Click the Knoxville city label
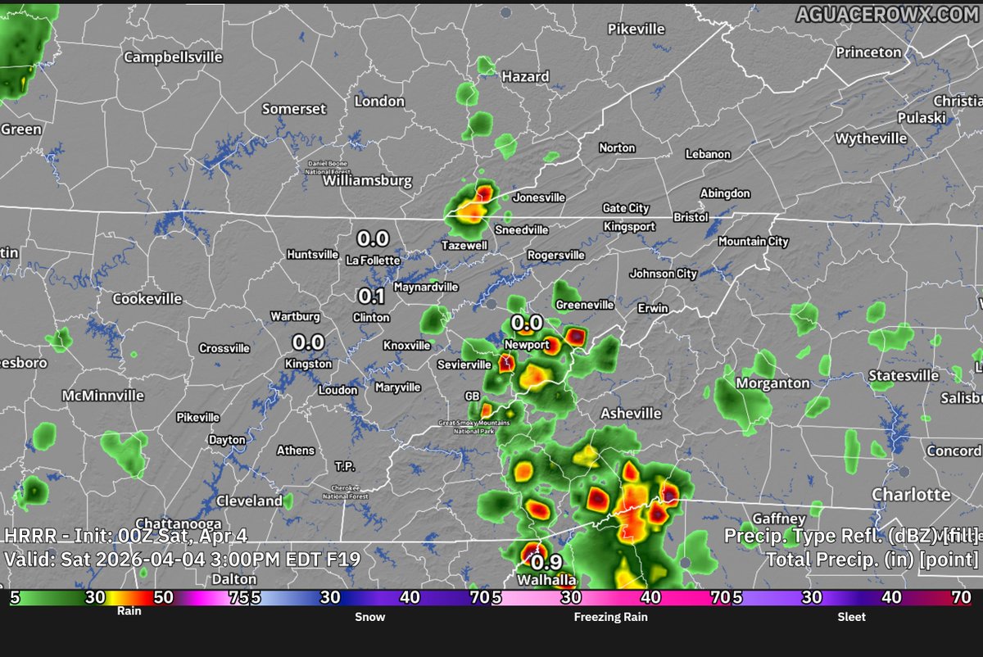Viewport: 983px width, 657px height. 406,346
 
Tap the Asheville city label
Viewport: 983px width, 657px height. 631,414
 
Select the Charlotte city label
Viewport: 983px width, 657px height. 911,495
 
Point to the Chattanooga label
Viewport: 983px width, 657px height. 179,523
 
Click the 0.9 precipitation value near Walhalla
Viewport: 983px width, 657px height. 546,564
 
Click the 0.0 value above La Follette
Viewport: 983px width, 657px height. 373,239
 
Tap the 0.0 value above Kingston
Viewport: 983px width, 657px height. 309,342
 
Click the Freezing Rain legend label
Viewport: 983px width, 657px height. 610,617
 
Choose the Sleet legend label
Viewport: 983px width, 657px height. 851,617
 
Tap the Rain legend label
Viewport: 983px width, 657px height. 129,610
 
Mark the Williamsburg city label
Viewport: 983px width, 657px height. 368,181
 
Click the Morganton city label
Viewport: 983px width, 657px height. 772,383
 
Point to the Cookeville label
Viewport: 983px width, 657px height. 147,299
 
